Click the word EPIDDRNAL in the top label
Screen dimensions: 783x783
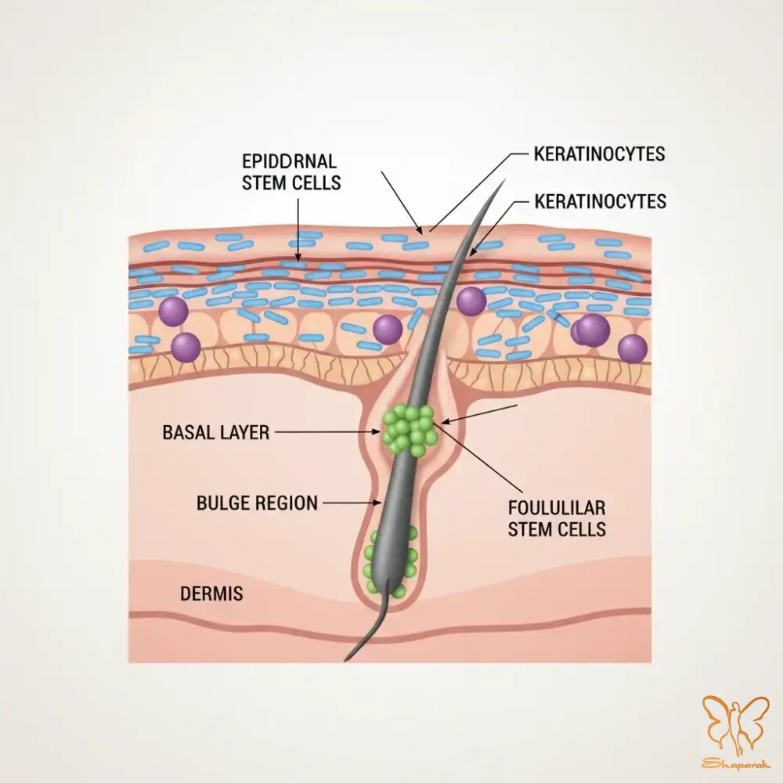(x=289, y=162)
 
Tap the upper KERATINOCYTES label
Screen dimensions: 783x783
(x=599, y=153)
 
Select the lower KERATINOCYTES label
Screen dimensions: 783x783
(x=601, y=201)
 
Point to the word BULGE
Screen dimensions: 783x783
(x=224, y=503)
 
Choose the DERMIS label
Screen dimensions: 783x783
(x=211, y=594)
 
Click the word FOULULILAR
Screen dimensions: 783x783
(x=557, y=508)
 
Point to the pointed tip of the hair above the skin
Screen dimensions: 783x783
(x=504, y=179)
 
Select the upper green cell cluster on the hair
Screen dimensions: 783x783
(x=409, y=430)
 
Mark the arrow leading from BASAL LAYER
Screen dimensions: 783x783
(x=327, y=432)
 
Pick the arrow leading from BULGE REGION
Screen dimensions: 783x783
(x=353, y=503)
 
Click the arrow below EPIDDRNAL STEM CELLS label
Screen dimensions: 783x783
(x=298, y=230)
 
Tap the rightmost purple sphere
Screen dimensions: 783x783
(x=632, y=348)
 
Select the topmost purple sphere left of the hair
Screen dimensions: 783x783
(x=173, y=311)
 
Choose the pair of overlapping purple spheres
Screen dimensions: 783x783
(x=590, y=330)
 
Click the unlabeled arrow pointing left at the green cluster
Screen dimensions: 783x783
(x=479, y=414)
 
